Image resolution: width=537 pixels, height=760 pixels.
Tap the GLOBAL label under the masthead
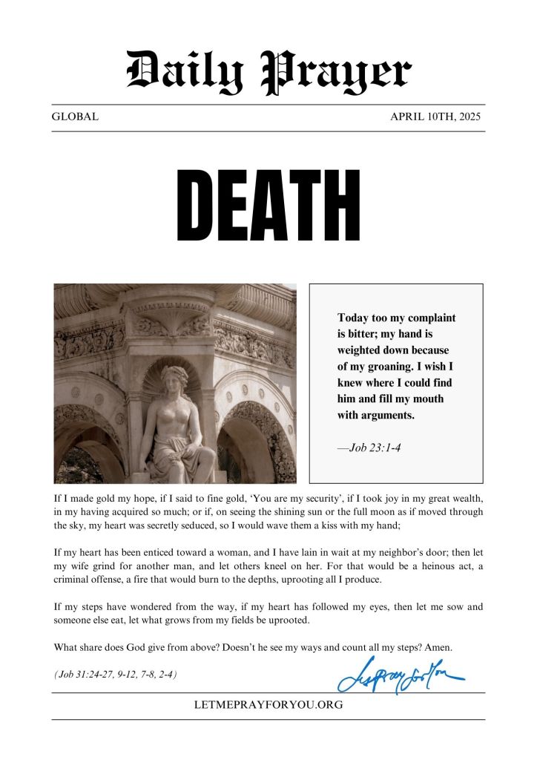[75, 117]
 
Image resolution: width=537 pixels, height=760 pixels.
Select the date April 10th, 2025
[436, 117]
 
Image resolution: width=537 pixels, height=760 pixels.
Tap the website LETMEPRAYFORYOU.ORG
[268, 705]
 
